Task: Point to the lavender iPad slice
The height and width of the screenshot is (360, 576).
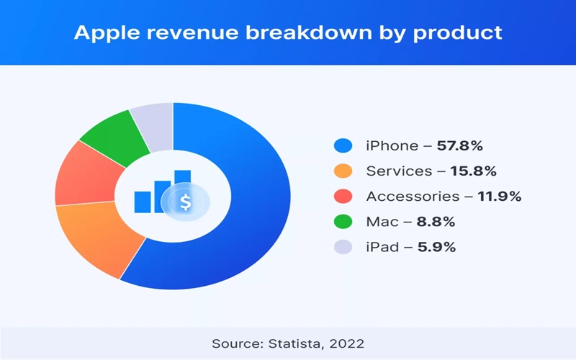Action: [x=153, y=121]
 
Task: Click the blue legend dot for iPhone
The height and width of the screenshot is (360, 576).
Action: [x=343, y=145]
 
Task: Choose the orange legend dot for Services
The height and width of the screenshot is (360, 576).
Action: [x=343, y=171]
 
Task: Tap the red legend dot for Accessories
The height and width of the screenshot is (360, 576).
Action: [x=343, y=196]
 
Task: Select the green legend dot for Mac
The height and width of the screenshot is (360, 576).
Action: [x=343, y=221]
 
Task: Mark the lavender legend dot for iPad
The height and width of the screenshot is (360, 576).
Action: [x=343, y=246]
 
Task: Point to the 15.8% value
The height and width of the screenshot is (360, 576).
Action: [x=473, y=171]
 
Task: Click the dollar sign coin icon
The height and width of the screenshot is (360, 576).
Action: [x=186, y=202]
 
